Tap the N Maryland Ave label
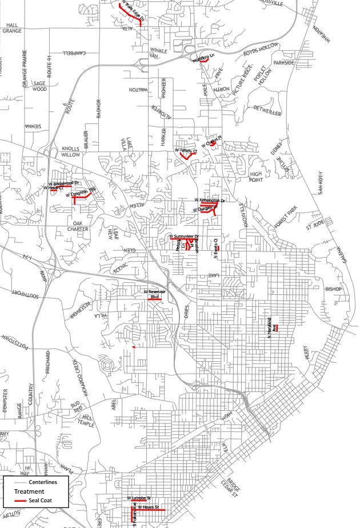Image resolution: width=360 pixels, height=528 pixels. [x=271, y=326]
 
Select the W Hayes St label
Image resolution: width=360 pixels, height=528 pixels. [x=147, y=506]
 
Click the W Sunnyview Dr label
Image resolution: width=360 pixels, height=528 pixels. [x=183, y=236]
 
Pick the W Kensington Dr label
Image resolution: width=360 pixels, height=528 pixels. [x=210, y=200]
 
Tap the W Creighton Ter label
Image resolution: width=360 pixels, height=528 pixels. [x=79, y=193]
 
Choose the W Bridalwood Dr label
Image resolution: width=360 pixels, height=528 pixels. [x=63, y=183]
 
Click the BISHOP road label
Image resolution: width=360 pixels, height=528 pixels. [x=333, y=289]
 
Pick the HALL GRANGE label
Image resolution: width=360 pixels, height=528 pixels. [x=11, y=28]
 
